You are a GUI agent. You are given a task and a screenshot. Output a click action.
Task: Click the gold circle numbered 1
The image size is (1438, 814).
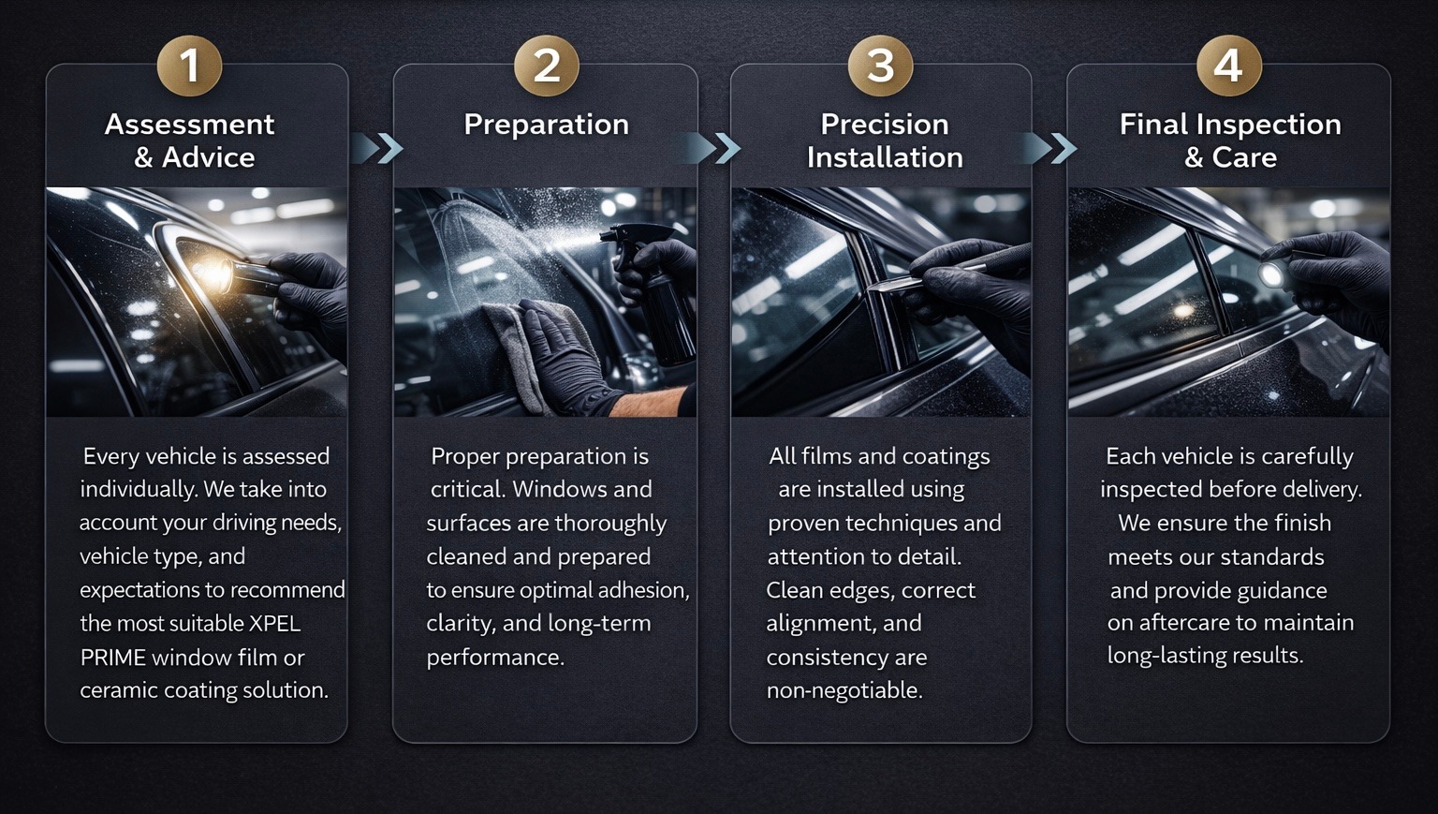coord(189,65)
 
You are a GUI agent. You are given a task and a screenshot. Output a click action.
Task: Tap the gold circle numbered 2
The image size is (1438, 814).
coord(547,65)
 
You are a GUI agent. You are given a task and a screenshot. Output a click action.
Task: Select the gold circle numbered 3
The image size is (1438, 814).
coord(880,65)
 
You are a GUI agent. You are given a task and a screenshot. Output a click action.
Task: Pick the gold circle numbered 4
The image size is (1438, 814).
coord(1228,65)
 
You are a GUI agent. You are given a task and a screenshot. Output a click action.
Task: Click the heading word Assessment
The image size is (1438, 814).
coord(189,124)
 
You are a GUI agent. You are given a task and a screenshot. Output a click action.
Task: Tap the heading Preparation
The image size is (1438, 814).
coord(547,125)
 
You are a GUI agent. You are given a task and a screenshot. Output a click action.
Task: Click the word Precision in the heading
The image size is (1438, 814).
coord(885,124)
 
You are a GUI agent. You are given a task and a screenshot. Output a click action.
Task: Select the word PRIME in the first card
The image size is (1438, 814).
coord(113,658)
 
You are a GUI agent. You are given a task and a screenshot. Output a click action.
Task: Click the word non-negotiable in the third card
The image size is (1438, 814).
coord(844,690)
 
